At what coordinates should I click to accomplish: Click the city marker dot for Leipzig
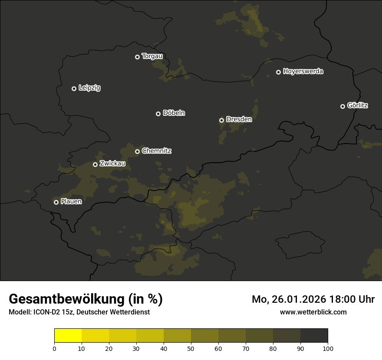(x=74, y=88)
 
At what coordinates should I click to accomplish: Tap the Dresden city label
(x=239, y=119)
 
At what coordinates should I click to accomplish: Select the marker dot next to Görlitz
(x=342, y=106)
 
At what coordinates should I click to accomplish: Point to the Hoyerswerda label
(x=303, y=72)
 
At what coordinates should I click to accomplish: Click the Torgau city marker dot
(x=138, y=57)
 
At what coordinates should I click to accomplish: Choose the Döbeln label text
(x=174, y=113)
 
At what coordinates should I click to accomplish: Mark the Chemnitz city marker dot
(x=138, y=151)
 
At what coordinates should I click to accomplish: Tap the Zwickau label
(x=112, y=164)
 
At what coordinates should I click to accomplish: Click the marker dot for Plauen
(x=56, y=202)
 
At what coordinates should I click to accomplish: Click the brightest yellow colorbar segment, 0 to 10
(x=68, y=336)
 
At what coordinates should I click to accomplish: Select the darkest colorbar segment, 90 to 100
(x=314, y=336)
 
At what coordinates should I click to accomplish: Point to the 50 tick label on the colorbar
(x=191, y=348)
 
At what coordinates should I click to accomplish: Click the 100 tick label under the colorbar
(x=328, y=348)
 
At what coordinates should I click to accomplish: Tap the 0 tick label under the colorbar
(x=54, y=348)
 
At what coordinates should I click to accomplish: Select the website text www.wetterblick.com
(x=313, y=312)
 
